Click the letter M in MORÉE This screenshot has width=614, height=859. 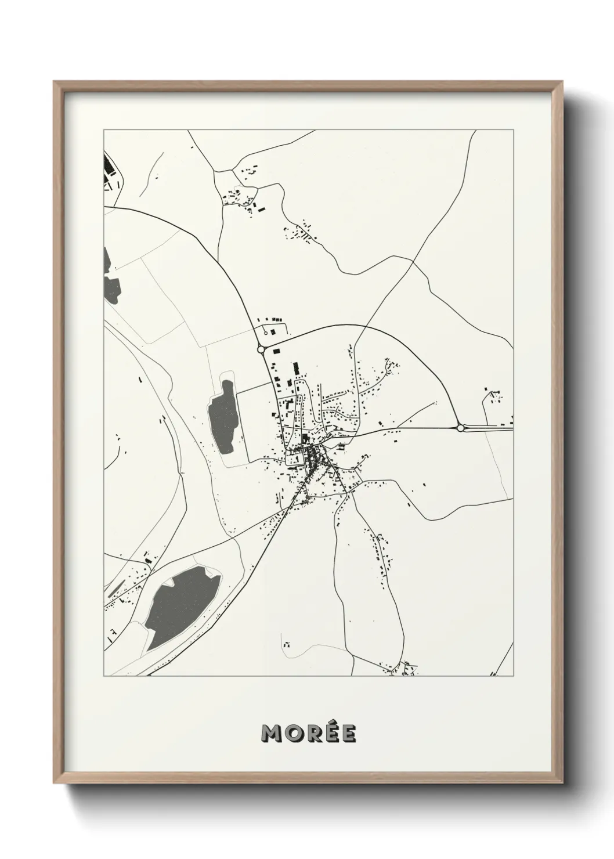coord(272,734)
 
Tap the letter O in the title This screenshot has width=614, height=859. coord(293,734)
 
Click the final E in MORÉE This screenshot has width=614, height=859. coord(349,734)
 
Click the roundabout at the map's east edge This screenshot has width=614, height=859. coord(460,428)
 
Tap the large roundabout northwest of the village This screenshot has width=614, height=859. coord(261,349)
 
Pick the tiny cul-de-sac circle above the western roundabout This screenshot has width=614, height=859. coord(265,333)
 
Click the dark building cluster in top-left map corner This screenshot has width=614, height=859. coord(108,165)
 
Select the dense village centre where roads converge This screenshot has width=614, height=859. coord(313,456)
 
